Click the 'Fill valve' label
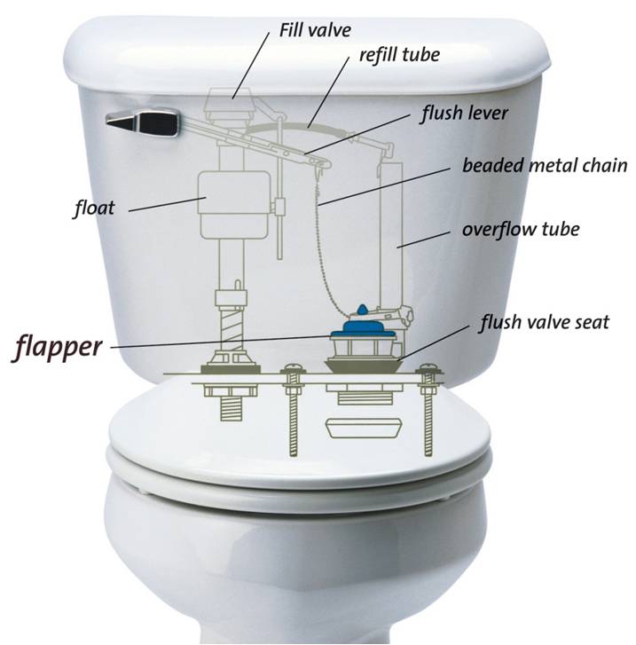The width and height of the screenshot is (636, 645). pos(315,30)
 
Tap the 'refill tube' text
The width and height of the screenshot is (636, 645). pos(399,55)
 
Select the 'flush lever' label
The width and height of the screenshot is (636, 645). pos(464,114)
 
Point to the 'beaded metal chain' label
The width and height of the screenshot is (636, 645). pos(545,165)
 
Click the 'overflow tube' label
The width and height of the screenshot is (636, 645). pos(521,230)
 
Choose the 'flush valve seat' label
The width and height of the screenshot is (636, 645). pos(544,322)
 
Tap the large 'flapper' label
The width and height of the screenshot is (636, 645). pos(57,348)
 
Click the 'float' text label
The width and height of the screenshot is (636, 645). pos(94,208)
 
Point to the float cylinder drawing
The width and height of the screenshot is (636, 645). pos(233,204)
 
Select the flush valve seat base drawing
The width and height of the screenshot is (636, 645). pos(364,366)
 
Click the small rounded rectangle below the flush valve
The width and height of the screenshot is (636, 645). pos(364,429)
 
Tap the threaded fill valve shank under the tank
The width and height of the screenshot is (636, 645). pos(232,408)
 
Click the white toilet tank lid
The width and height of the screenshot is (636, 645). pos(307,53)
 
